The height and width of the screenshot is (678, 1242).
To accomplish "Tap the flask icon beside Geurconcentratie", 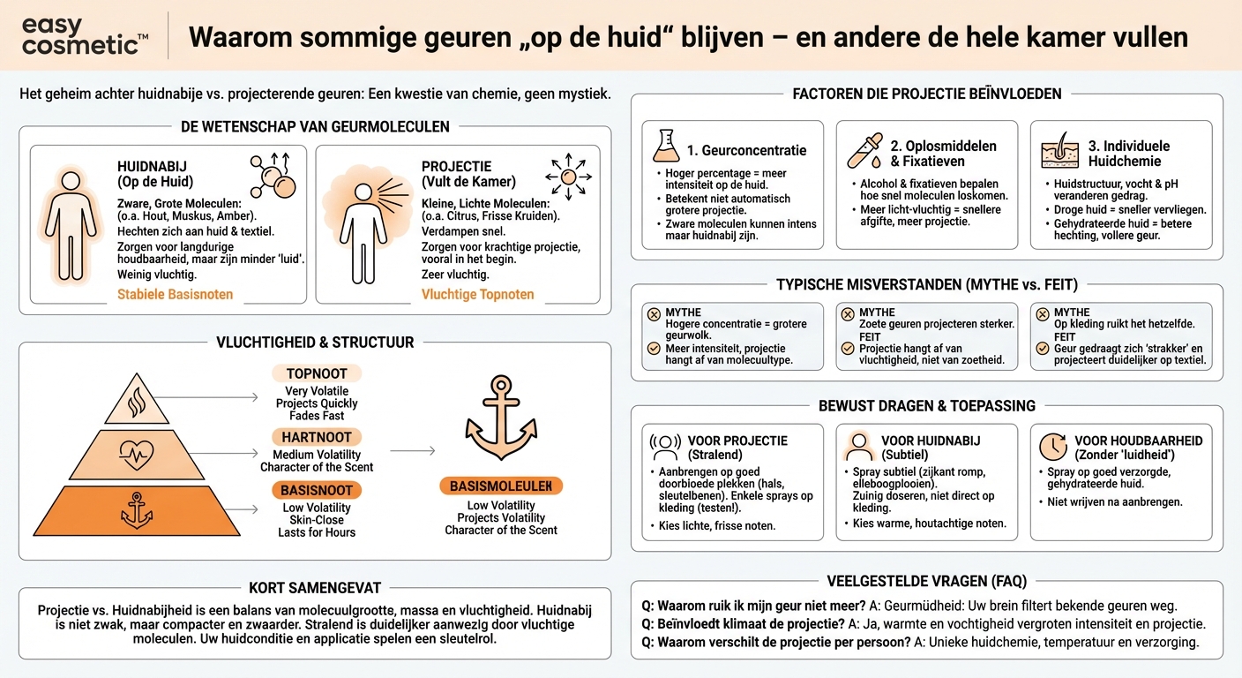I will tap(666, 146).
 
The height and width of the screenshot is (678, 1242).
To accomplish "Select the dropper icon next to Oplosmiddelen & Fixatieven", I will tap(864, 150).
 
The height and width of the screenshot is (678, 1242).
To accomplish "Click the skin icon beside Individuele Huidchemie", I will tap(1060, 150).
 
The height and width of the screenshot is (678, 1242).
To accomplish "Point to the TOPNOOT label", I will tap(317, 373).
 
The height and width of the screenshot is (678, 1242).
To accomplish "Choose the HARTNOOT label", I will tap(317, 437).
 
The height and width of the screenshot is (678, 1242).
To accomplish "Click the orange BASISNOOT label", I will tap(317, 490).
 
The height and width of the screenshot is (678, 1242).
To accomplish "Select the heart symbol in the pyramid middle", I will tap(137, 456).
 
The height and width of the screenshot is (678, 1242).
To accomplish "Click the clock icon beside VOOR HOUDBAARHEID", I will tap(1052, 446).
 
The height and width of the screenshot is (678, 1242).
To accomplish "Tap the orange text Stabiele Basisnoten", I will tap(176, 294).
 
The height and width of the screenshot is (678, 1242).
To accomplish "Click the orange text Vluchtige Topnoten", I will tap(477, 294).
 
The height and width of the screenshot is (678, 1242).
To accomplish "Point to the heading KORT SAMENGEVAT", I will tap(315, 588).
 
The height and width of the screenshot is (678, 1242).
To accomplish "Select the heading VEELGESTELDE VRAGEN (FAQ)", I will tap(927, 581).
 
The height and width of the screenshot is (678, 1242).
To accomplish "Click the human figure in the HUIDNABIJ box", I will tap(71, 225).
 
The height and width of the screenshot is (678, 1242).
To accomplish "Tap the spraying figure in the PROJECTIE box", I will tap(364, 225).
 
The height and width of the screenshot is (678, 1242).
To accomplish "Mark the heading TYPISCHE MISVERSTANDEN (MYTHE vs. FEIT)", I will tap(927, 284).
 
